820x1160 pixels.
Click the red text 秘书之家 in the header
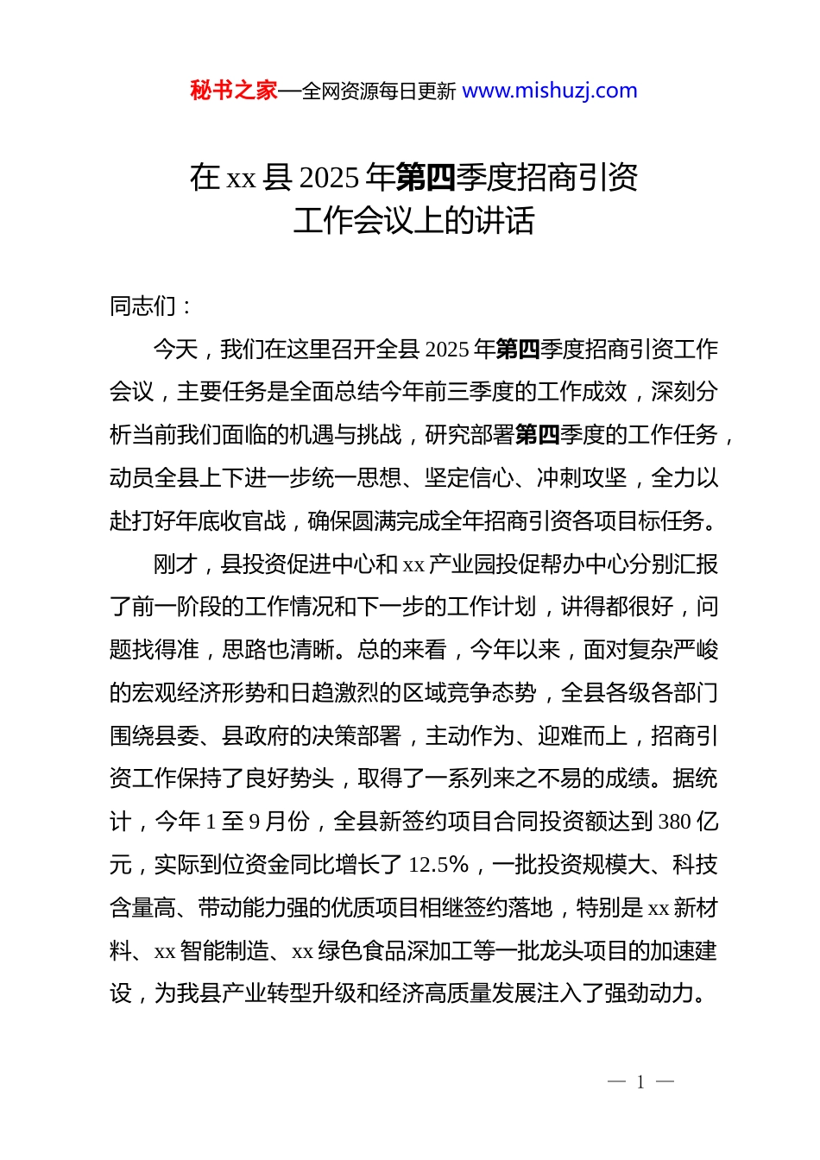click(x=234, y=91)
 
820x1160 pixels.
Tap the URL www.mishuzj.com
click(x=550, y=91)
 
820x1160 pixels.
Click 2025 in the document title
click(x=329, y=178)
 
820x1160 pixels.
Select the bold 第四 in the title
click(x=426, y=178)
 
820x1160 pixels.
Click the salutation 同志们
click(x=143, y=306)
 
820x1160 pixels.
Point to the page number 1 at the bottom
click(x=640, y=1082)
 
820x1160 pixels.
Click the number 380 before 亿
click(x=675, y=822)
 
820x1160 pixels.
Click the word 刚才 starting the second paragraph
click(x=176, y=564)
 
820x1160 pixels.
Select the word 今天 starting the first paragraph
click(x=176, y=349)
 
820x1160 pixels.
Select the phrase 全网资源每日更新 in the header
click(x=379, y=91)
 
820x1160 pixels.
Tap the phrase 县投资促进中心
click(x=288, y=564)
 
